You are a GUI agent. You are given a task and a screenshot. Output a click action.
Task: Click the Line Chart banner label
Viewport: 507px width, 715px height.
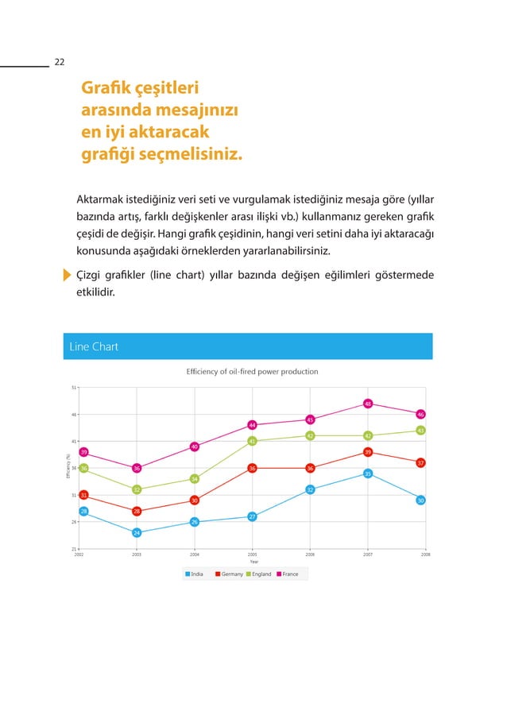click(x=94, y=346)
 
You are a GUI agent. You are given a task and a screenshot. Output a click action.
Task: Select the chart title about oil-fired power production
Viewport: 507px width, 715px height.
click(x=252, y=372)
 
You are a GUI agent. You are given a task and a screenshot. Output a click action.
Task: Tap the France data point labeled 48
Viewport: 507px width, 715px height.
click(x=368, y=404)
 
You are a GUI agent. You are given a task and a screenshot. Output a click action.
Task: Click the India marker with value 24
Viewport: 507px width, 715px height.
click(x=137, y=532)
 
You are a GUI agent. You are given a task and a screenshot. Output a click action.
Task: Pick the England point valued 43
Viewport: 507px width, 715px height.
click(x=420, y=431)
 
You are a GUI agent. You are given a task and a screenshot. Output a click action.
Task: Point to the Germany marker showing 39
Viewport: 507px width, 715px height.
click(x=368, y=452)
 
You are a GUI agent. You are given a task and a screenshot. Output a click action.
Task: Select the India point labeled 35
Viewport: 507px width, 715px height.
click(x=368, y=473)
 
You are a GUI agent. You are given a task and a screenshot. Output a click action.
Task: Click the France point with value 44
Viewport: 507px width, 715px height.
click(x=252, y=425)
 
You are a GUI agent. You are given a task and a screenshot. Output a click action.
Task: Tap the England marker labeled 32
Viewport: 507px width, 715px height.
click(x=137, y=489)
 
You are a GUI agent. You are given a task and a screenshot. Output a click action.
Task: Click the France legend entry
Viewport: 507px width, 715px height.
click(x=287, y=574)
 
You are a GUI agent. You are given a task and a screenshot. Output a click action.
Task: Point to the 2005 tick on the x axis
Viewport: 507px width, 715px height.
click(x=252, y=555)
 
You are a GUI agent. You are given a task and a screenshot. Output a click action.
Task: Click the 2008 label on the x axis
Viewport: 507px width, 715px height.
click(x=424, y=555)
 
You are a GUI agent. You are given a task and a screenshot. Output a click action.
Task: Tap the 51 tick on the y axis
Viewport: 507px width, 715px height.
click(x=74, y=388)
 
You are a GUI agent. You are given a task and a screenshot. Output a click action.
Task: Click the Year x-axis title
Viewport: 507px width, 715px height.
click(x=253, y=562)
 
